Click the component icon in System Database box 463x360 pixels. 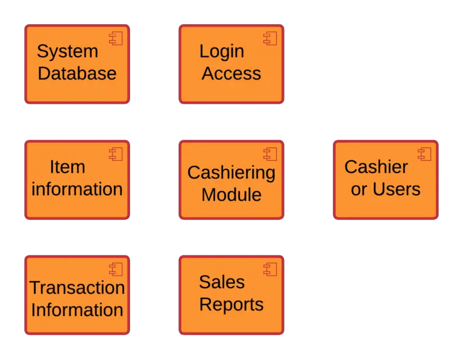[x=116, y=39]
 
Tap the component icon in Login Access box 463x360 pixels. [x=270, y=39]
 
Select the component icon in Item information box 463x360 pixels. [x=116, y=154]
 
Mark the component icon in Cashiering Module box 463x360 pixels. [x=270, y=154]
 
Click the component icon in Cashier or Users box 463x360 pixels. [x=424, y=154]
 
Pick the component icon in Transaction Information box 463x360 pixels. [x=116, y=270]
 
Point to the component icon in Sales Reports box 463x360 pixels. [x=270, y=270]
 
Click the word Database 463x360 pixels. [x=77, y=74]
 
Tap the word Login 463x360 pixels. [x=222, y=52]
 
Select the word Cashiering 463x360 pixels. [x=231, y=173]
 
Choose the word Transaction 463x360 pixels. [x=77, y=288]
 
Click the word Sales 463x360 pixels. [x=222, y=282]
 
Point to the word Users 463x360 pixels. [x=396, y=189]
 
